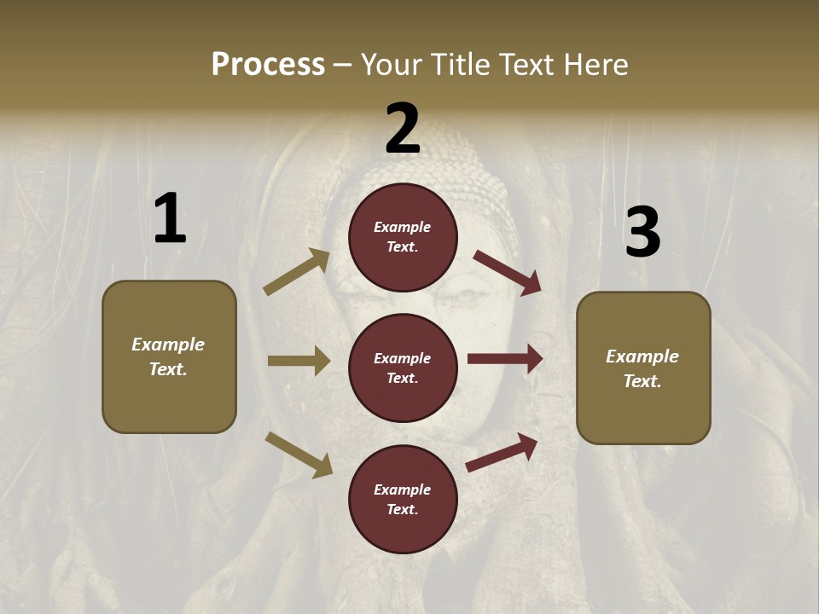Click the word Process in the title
click(268, 64)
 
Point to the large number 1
click(170, 218)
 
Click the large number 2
click(403, 129)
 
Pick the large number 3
click(642, 232)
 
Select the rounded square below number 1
click(169, 356)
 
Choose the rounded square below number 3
click(643, 368)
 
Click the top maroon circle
click(403, 236)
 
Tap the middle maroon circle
click(403, 368)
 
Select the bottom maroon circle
click(403, 499)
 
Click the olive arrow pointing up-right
click(297, 272)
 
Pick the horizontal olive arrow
click(299, 361)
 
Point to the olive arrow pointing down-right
click(299, 454)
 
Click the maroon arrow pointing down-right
click(508, 272)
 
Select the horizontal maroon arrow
click(505, 359)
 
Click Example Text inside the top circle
click(403, 236)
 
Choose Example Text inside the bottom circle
click(403, 499)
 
